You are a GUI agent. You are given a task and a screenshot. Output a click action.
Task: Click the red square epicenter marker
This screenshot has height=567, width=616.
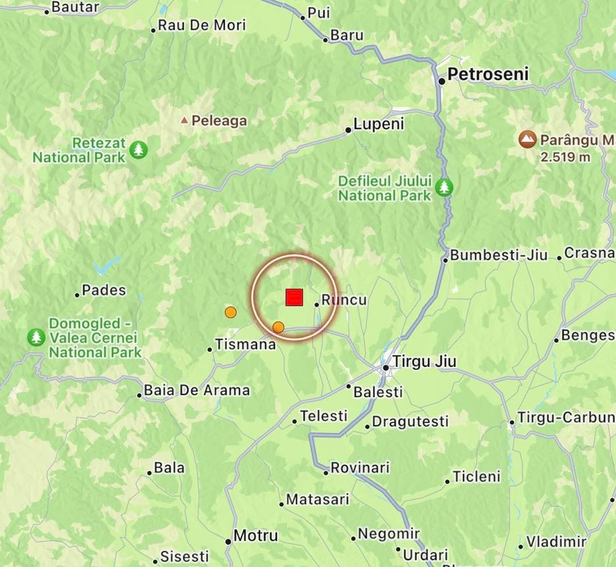point(294,298)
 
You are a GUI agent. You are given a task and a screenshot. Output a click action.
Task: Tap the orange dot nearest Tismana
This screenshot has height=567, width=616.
point(230,313)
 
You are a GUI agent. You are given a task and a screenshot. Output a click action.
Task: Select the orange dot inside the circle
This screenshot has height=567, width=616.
point(278,327)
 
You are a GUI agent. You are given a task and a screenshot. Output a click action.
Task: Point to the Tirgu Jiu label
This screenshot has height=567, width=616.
point(425,362)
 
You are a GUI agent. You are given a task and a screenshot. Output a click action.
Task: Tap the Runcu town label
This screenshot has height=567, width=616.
point(344,301)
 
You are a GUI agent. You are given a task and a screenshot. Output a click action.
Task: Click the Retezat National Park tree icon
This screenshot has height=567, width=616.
point(138,150)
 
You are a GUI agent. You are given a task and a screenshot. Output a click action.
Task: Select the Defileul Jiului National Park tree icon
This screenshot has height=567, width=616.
point(445,188)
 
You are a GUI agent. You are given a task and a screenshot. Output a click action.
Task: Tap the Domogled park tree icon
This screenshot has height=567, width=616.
point(36,337)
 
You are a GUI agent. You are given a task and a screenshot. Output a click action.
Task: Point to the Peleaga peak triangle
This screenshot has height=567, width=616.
point(184,120)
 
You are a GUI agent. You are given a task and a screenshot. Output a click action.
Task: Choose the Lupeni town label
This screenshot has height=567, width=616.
point(379,124)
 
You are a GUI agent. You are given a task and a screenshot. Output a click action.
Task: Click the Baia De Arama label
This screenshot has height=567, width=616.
point(196,391)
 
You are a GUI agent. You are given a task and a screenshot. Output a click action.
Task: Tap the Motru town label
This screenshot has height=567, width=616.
point(256,536)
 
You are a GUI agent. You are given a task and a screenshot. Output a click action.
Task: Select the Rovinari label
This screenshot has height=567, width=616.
point(360,468)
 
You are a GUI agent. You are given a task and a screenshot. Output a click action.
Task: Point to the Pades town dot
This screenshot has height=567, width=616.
point(77,294)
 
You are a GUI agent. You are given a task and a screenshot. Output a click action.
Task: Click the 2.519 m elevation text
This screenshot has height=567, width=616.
point(566,157)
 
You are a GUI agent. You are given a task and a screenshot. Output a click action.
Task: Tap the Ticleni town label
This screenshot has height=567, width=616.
point(477,477)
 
